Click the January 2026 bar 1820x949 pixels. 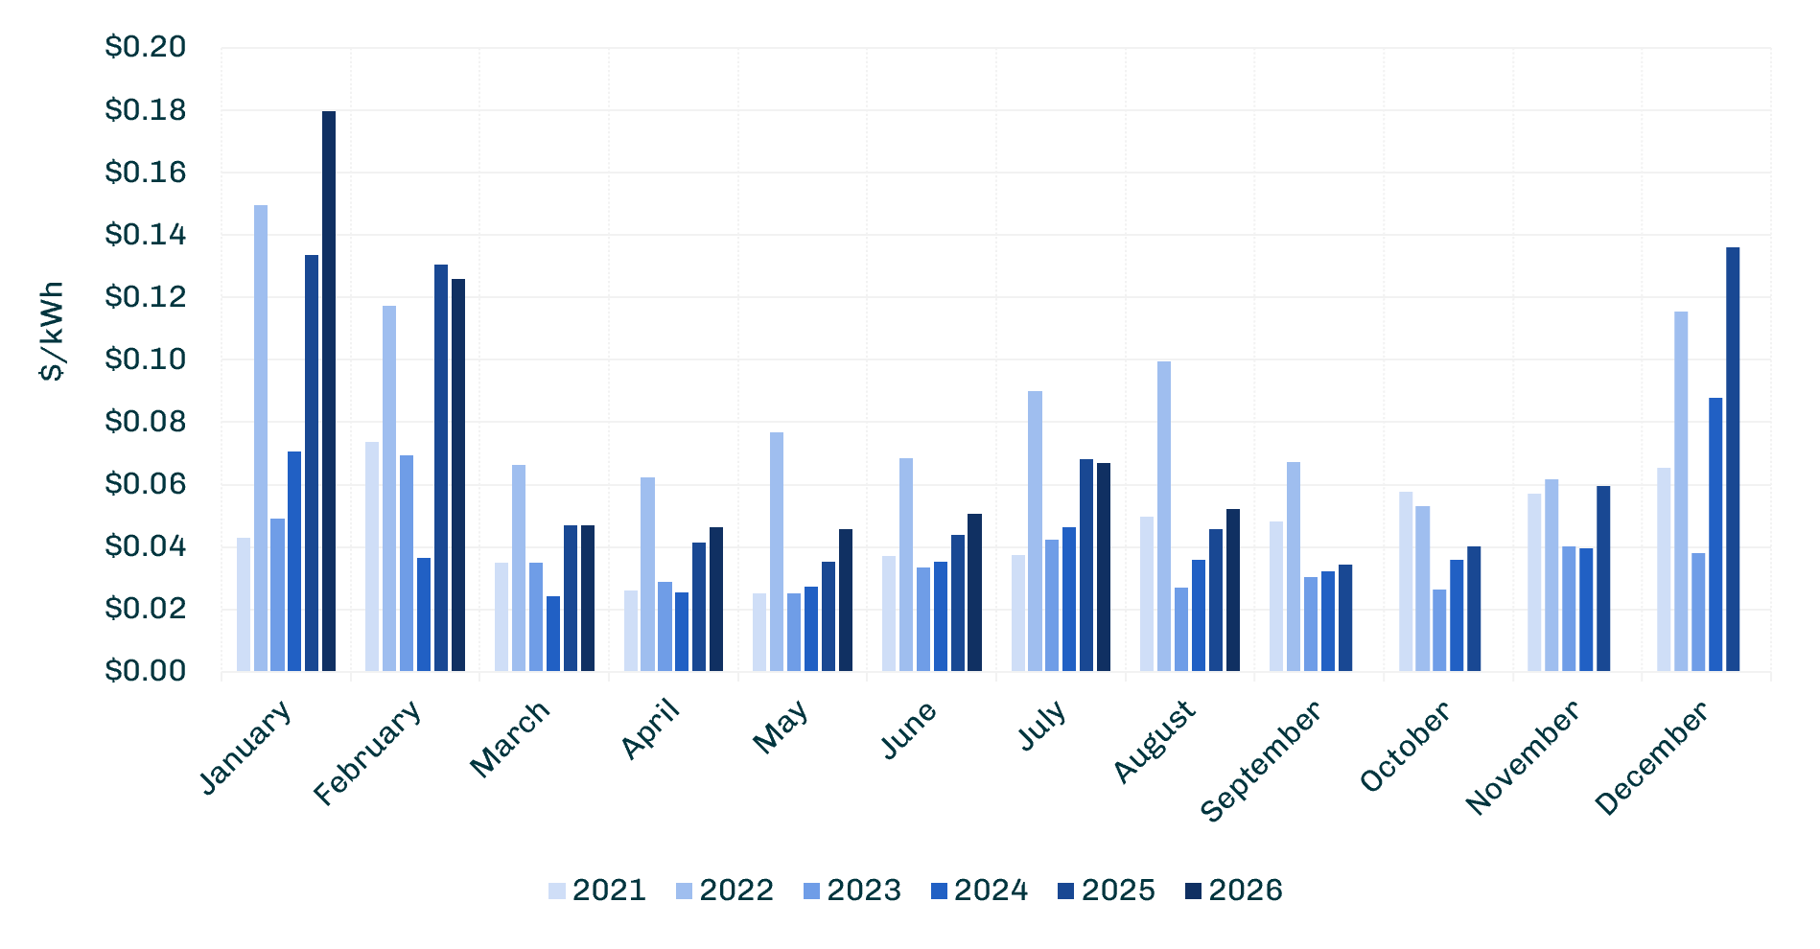(329, 391)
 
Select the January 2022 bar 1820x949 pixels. (261, 438)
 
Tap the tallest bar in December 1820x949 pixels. (1733, 459)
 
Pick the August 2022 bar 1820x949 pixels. (1164, 516)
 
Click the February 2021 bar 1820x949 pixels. (372, 556)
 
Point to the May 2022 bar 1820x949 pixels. (777, 551)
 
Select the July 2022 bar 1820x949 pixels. (1035, 531)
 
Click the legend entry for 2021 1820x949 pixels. (597, 891)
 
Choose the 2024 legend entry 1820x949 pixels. (979, 891)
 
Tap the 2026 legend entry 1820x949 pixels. (1233, 891)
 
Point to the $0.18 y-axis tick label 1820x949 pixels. (145, 110)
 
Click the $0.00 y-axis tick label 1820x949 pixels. (145, 671)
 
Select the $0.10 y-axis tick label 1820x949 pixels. (145, 359)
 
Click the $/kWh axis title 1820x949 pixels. (52, 332)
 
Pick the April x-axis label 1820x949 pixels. (651, 729)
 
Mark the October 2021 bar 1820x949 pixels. (1406, 581)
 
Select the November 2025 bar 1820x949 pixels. (1603, 578)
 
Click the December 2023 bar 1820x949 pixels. (1698, 612)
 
